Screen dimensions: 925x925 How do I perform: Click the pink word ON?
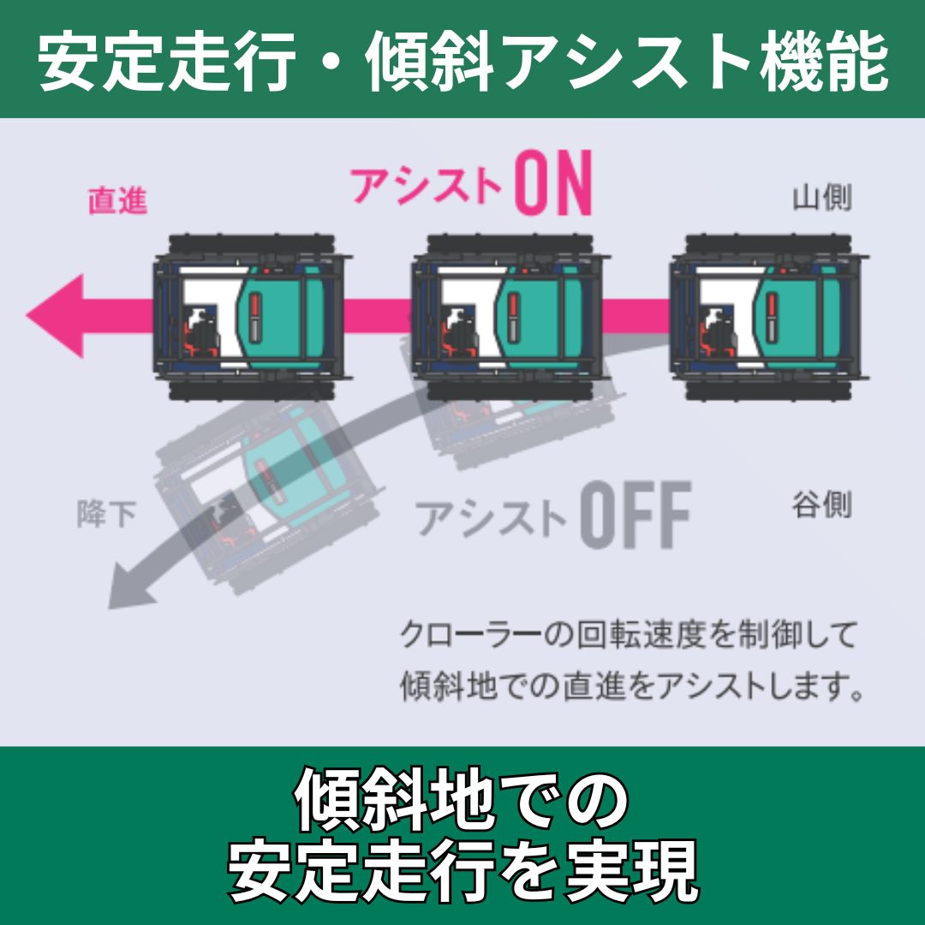pos(552,184)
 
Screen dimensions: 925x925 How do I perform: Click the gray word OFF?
pos(635,516)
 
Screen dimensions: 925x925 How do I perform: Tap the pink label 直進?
pos(117,200)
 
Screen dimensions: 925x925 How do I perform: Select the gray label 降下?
pos(106,515)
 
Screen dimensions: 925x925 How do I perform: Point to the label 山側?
pos(821,199)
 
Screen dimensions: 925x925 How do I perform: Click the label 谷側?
pos(821,504)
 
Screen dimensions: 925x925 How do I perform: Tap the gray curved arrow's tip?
pos(120,595)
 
